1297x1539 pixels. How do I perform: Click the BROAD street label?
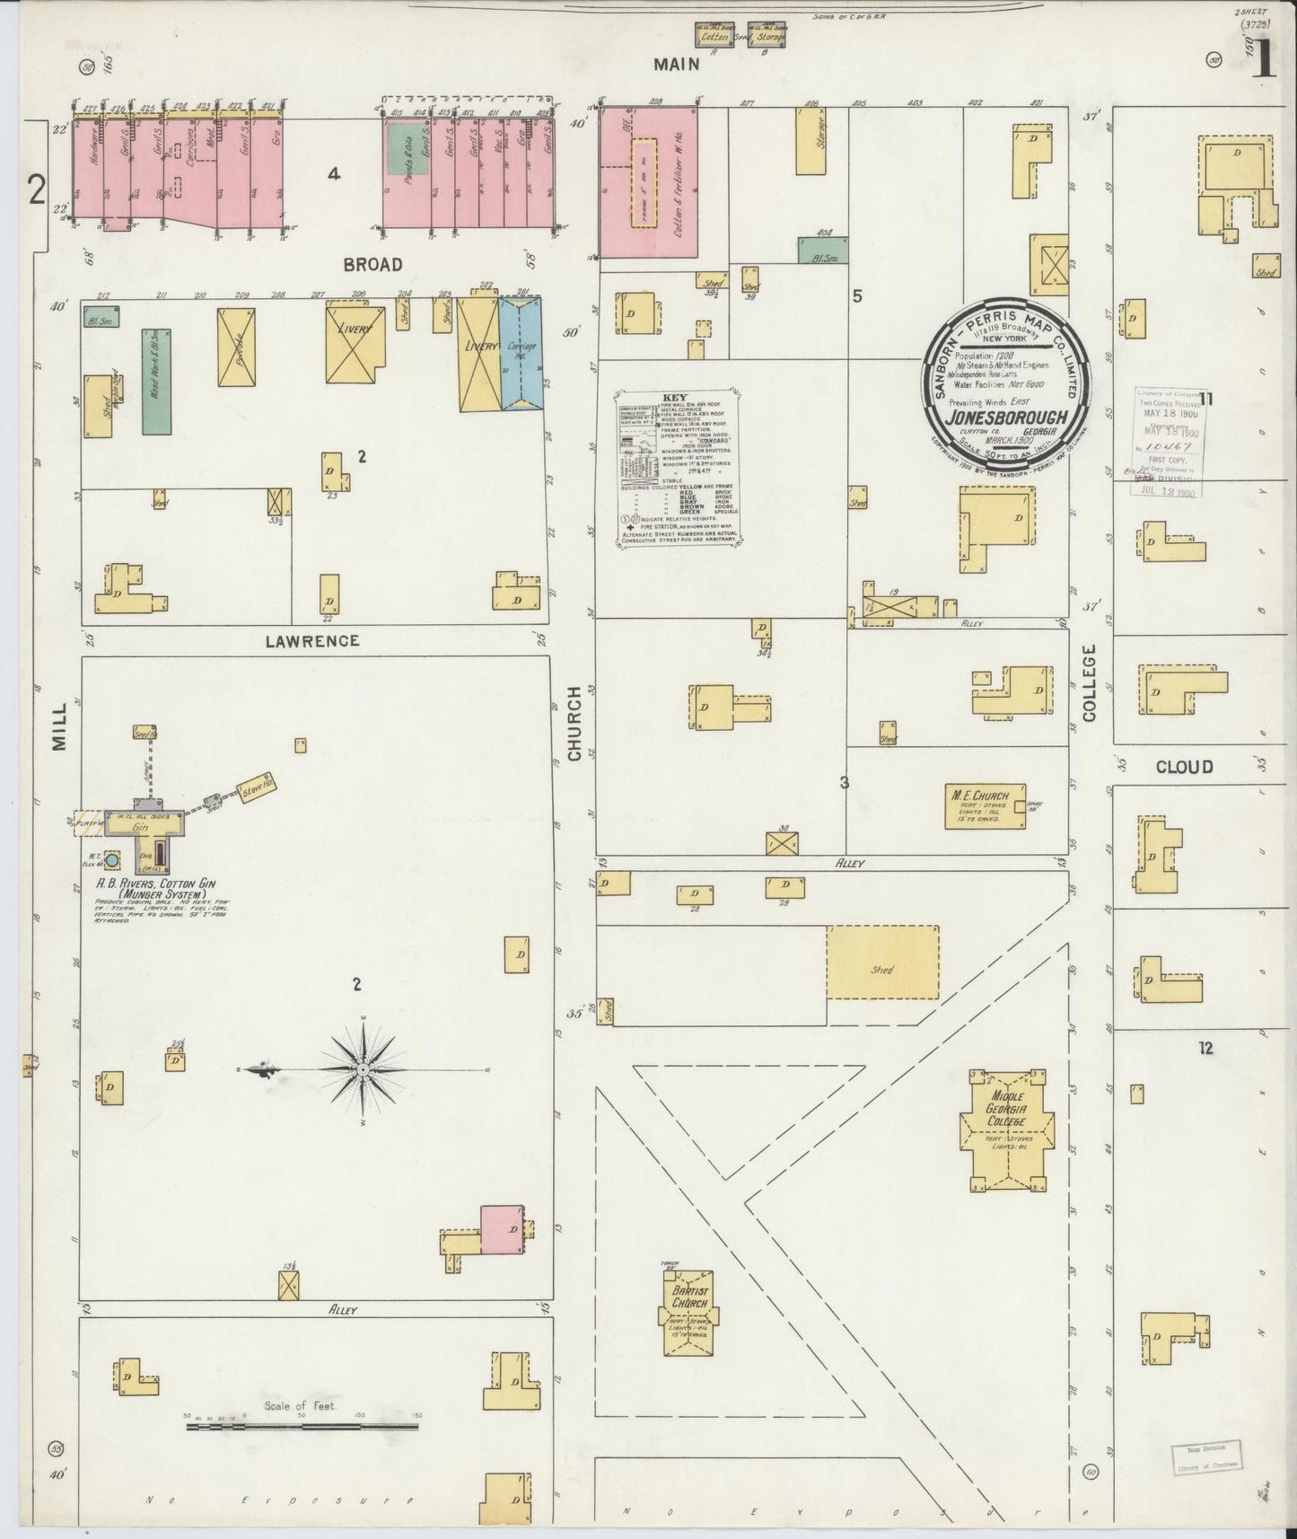pyautogui.click(x=372, y=265)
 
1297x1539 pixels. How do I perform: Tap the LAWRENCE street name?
pyautogui.click(x=312, y=641)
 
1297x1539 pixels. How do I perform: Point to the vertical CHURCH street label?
pyautogui.click(x=574, y=724)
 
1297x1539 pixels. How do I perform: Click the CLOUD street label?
pyautogui.click(x=1184, y=767)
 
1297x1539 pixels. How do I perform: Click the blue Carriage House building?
pyautogui.click(x=521, y=355)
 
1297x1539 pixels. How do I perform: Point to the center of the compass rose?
pyautogui.click(x=363, y=1070)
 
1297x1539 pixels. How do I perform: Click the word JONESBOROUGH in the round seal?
pyautogui.click(x=1010, y=418)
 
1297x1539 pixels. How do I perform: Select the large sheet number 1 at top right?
pyautogui.click(x=1263, y=60)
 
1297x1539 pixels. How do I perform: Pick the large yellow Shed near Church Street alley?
pyautogui.click(x=882, y=963)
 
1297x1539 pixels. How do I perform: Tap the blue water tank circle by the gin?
pyautogui.click(x=112, y=861)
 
